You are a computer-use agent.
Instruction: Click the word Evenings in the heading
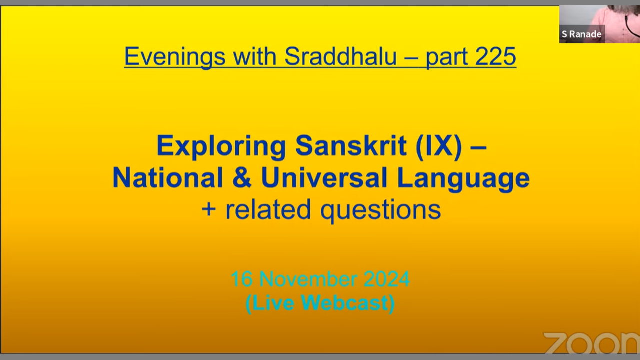click(x=175, y=57)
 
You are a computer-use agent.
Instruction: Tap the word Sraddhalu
click(x=340, y=56)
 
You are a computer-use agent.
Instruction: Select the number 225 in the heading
click(x=492, y=56)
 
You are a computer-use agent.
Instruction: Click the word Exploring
click(x=221, y=147)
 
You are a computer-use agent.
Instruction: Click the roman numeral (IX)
click(x=439, y=147)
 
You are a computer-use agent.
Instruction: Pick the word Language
click(x=463, y=179)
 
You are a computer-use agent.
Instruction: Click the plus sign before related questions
click(x=208, y=209)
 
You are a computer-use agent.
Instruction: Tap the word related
click(x=268, y=209)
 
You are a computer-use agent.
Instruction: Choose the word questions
click(x=380, y=211)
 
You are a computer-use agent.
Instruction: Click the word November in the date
click(x=308, y=279)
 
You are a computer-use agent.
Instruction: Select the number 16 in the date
click(x=241, y=279)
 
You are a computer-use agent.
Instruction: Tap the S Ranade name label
click(x=581, y=34)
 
